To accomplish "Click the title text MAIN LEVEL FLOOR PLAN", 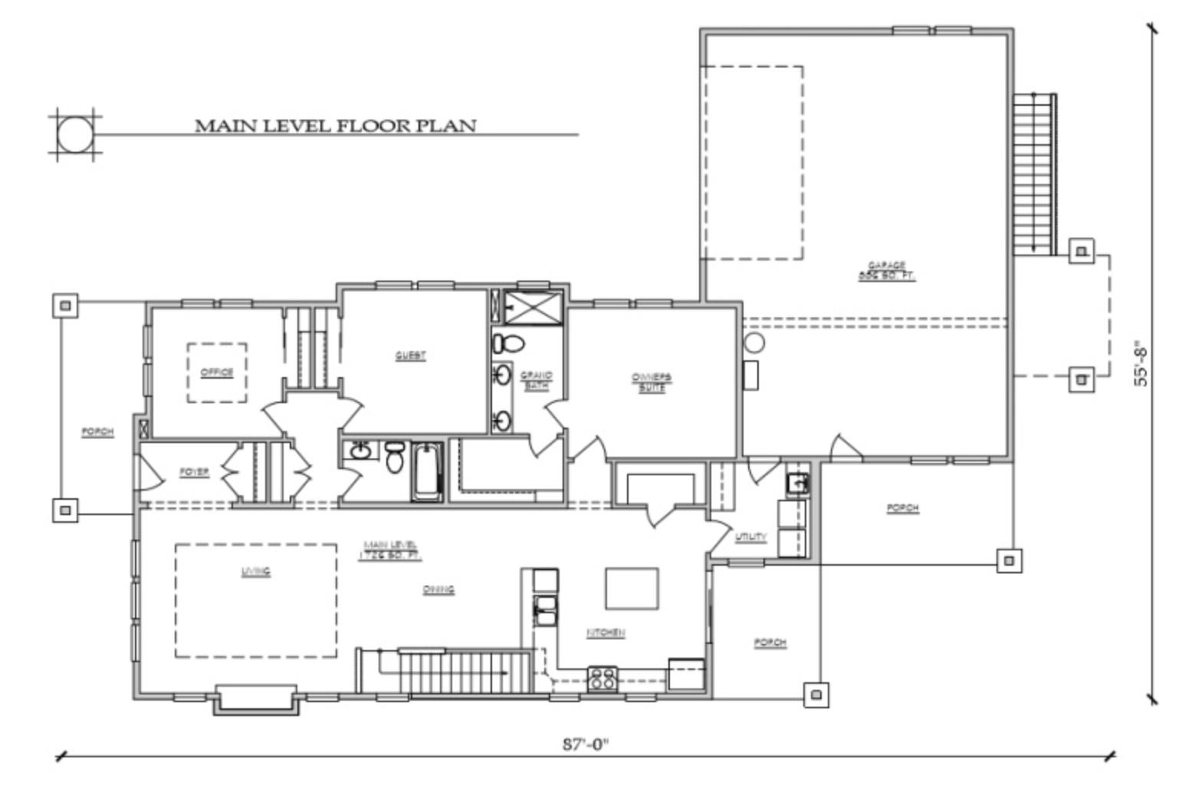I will pos(335,125).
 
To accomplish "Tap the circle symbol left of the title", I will pos(74,135).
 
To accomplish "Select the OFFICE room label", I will pos(217,373).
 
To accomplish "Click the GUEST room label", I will pos(410,356).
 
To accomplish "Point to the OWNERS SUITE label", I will pos(651,383).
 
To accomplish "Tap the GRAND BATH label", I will pos(536,381).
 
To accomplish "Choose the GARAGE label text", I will pos(887,271).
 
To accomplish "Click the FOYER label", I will pos(194,472).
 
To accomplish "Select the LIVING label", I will pos(255,572).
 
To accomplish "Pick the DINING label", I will pos(438,589).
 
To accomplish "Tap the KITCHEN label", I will pos(605,632).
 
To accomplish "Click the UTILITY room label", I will pos(750,537).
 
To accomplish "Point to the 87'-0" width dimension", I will pos(586,744).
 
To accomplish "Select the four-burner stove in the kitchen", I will pos(602,678).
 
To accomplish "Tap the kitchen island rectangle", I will pos(632,588).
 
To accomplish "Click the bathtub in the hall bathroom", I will pos(427,471).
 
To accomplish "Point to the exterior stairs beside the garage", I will pos(1034,174).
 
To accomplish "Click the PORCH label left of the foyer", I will pos(97,432).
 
